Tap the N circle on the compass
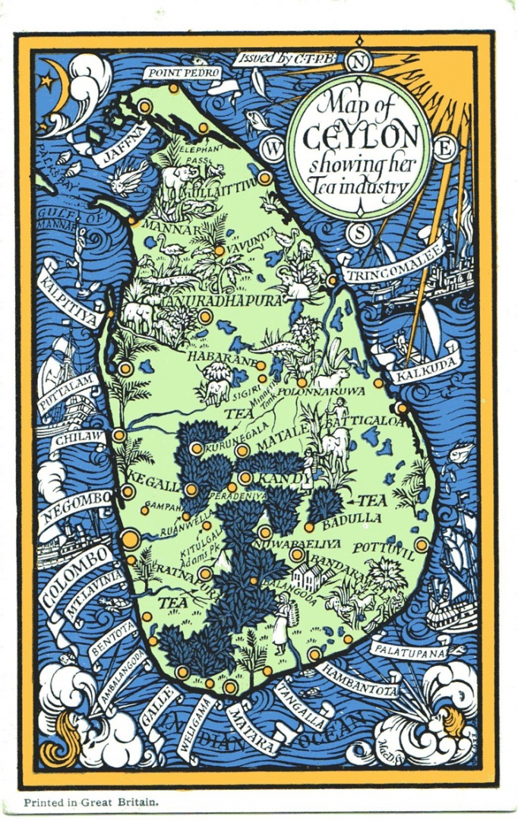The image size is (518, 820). click(361, 63)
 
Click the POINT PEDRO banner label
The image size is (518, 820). click(185, 72)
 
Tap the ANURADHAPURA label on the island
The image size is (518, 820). click(223, 301)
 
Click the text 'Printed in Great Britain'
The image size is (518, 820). click(89, 802)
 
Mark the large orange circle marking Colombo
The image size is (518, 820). click(128, 540)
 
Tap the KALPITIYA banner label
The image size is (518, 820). click(70, 293)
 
